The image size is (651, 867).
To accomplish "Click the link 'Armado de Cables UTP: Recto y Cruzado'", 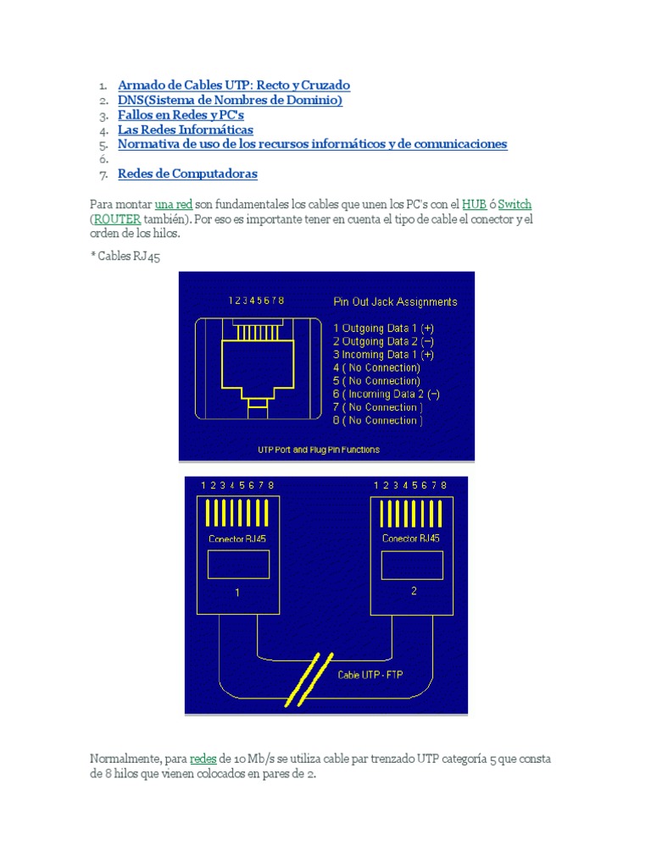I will [x=233, y=85].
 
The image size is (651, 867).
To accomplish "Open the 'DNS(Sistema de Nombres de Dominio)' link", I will [x=230, y=100].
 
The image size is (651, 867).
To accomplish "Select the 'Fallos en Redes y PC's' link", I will [x=181, y=114].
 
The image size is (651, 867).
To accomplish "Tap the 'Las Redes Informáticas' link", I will [x=185, y=130].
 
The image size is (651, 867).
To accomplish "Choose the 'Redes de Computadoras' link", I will [x=187, y=174].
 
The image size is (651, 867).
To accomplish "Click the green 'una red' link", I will [x=173, y=204].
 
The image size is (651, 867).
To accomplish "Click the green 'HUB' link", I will [x=474, y=204].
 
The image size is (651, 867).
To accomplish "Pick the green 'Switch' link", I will [x=515, y=204].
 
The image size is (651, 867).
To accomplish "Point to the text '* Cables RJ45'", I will [x=125, y=257].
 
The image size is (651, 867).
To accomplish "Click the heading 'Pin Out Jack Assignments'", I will [x=395, y=301].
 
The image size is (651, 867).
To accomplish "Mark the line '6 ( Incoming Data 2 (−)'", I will [x=386, y=394].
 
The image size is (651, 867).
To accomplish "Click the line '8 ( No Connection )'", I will [x=377, y=420].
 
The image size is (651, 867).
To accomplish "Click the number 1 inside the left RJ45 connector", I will [x=238, y=593].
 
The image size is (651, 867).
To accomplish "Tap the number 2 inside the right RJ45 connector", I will [x=414, y=591].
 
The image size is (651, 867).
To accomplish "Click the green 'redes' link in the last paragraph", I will [x=203, y=759].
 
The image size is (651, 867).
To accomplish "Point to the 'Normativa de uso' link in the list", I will [x=312, y=144].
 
